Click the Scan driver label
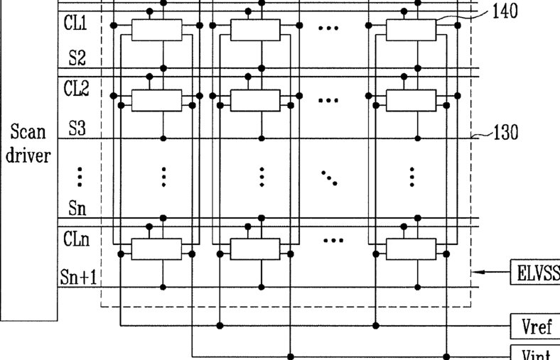pyautogui.click(x=28, y=143)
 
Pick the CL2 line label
pyautogui.click(x=76, y=89)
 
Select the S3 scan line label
pyautogui.click(x=77, y=129)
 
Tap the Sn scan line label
pyautogui.click(x=77, y=208)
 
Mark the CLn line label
pyautogui.click(x=76, y=239)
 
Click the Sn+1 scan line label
pyautogui.click(x=77, y=277)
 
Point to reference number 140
pyautogui.click(x=505, y=11)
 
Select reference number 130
pyautogui.click(x=505, y=133)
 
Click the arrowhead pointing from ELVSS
pyautogui.click(x=477, y=272)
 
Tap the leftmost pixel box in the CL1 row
pyautogui.click(x=157, y=29)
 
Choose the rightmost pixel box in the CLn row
pyautogui.click(x=411, y=249)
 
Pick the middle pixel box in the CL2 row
pyautogui.click(x=255, y=100)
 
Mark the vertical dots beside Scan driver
pyautogui.click(x=80, y=175)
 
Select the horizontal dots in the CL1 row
pyautogui.click(x=328, y=28)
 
